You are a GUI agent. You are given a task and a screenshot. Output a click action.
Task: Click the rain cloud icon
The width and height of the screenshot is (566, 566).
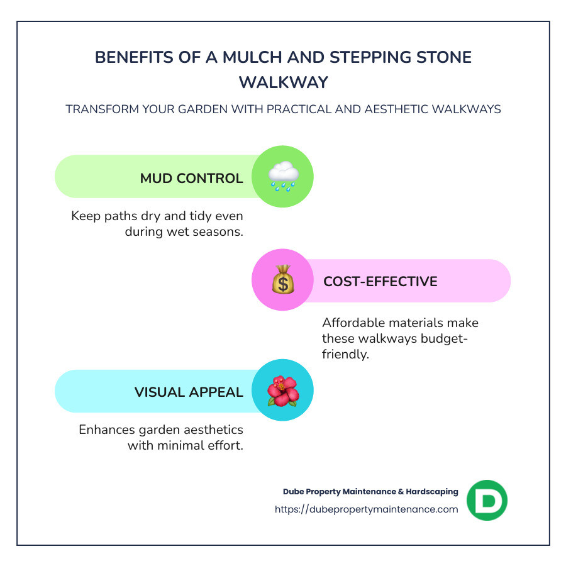tap(282, 176)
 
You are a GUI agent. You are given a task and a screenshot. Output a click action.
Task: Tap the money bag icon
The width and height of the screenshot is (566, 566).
tap(282, 280)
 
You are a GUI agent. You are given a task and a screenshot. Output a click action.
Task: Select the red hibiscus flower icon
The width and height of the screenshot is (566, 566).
tap(282, 391)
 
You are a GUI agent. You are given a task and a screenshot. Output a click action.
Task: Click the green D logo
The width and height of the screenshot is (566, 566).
tap(487, 500)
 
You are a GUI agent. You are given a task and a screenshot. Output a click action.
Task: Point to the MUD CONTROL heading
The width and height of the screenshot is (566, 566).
tap(191, 178)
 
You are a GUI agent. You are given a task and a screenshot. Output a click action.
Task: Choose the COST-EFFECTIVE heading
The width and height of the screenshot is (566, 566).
tap(380, 281)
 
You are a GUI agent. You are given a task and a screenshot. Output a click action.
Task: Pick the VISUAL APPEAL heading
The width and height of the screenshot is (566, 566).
tap(189, 392)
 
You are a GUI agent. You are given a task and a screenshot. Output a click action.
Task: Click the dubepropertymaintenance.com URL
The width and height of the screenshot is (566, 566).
tap(366, 509)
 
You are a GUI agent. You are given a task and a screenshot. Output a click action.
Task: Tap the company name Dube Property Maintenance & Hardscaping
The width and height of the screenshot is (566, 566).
tap(370, 491)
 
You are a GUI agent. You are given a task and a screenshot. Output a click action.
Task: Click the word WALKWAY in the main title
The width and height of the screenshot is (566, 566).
tap(283, 82)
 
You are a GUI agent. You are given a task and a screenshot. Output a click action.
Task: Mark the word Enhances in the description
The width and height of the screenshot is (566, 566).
tap(106, 430)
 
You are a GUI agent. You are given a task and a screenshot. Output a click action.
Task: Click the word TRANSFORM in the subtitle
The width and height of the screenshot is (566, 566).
tap(97, 109)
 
